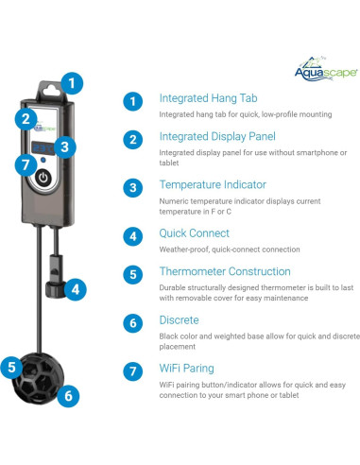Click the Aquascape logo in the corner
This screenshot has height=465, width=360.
(326, 70)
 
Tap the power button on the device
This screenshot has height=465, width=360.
(43, 178)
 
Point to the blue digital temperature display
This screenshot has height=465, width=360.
(43, 147)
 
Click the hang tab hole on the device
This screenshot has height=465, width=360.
(51, 91)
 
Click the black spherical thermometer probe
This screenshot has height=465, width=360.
(38, 378)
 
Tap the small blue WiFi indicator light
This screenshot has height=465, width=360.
(43, 160)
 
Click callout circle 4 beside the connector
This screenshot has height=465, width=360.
(76, 289)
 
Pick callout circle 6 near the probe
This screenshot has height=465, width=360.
(68, 396)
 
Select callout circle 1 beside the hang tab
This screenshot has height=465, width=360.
(72, 83)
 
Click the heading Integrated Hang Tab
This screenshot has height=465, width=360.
(208, 98)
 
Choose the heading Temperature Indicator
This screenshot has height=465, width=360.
(213, 184)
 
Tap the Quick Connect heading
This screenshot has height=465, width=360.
(194, 233)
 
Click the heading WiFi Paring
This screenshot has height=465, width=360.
(186, 369)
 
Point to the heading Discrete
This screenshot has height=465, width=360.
(179, 320)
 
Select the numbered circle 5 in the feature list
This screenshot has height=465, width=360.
(133, 274)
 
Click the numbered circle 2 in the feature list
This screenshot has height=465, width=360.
(133, 139)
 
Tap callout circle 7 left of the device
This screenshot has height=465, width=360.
(26, 164)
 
